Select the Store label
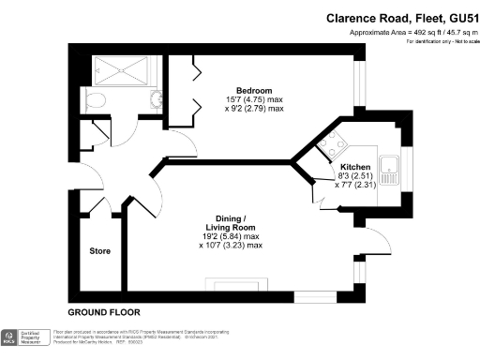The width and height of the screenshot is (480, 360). (100, 251)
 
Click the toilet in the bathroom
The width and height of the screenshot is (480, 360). (93, 98)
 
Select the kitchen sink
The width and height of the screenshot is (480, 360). (397, 171)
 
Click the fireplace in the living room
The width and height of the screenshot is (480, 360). (231, 284)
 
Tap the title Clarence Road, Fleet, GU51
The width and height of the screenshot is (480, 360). (394, 18)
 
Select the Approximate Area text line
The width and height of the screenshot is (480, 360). (409, 33)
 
